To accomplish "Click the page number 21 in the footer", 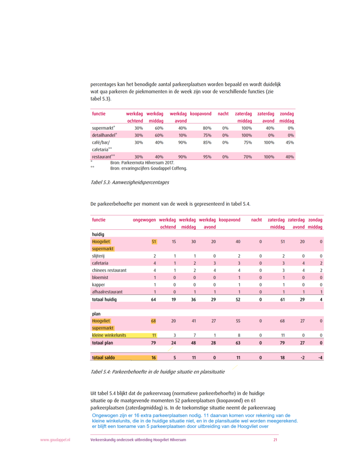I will pos(275,440).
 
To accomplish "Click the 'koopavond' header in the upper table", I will pos(201,113).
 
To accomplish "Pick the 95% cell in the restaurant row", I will pos(207,157).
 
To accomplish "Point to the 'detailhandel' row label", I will pos(104,135).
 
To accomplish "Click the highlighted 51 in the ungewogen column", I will pos(154,242).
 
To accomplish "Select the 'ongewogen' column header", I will pos(144,220).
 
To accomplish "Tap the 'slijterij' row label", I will pos(99,256).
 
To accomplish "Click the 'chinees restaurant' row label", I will pos(109,270).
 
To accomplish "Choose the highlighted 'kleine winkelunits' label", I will pos(109,335).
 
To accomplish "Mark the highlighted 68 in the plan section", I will pos(154,321).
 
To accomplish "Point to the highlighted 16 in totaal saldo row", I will pos(154,358).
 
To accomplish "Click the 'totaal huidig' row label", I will pos(104,299).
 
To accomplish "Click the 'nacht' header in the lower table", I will pos(257,220).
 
